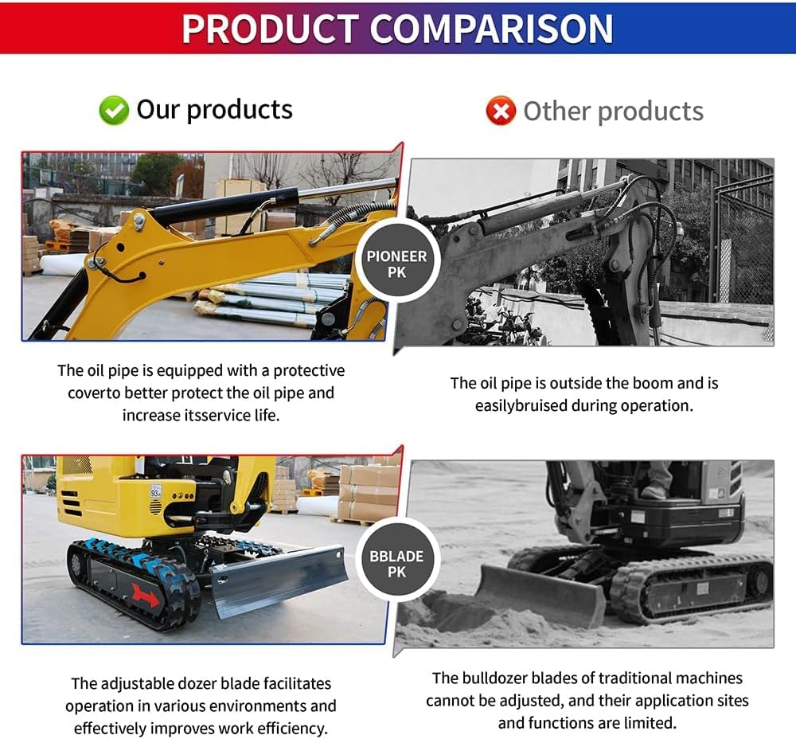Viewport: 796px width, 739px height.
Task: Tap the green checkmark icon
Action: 114,111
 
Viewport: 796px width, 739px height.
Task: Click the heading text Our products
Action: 214,109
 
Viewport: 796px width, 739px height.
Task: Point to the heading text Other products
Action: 613,111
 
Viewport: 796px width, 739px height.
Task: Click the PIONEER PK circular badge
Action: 396,264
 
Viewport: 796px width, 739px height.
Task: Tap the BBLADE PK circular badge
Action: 396,564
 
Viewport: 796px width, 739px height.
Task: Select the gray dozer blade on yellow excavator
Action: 279,579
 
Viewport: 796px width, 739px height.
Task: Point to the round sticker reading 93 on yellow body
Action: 156,490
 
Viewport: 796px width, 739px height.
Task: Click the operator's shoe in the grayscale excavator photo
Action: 655,491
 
